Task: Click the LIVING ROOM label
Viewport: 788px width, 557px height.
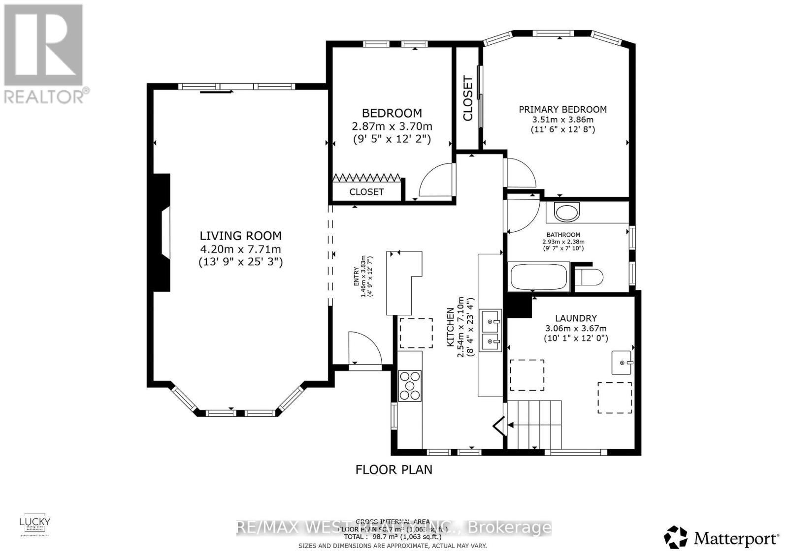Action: [240, 236]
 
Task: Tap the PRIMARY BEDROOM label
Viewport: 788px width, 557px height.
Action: [562, 109]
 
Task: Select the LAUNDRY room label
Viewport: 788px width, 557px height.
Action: [576, 318]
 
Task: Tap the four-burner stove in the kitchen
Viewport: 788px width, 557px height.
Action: [410, 386]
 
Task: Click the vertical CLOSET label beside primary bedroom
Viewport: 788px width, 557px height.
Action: [468, 98]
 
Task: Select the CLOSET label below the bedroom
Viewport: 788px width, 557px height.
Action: [366, 192]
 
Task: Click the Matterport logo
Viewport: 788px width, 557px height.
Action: [722, 537]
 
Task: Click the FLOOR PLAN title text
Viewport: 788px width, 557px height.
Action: [394, 469]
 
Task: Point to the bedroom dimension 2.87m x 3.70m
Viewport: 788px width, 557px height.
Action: [392, 126]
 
